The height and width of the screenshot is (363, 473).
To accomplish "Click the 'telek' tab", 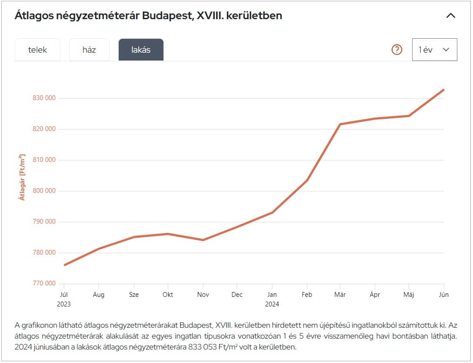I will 37,50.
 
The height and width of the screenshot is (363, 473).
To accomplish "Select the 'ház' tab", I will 89,50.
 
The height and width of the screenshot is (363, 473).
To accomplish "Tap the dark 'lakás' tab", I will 141,50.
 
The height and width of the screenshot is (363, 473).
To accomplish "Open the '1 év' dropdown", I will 434,50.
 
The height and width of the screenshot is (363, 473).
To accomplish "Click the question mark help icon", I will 397,50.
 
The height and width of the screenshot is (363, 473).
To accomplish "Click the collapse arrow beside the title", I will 451,16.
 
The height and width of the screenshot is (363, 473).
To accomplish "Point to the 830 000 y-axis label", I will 44,98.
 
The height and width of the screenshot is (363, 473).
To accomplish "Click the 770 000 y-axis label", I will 44,283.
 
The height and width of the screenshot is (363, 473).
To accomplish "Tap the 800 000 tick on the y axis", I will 44,191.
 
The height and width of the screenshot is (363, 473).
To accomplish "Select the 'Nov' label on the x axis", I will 203,295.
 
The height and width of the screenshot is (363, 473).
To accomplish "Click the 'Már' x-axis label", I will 340,295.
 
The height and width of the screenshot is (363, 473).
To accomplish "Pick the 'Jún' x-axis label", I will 443,295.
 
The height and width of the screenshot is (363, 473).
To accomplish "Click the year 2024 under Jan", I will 272,304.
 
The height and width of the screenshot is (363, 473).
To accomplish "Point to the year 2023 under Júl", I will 64,304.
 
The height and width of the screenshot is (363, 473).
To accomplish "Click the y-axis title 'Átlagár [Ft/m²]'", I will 22,177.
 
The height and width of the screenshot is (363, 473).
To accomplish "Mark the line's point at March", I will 340,124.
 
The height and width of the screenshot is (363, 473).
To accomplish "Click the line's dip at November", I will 203,240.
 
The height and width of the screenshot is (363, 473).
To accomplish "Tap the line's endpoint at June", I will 443,90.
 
